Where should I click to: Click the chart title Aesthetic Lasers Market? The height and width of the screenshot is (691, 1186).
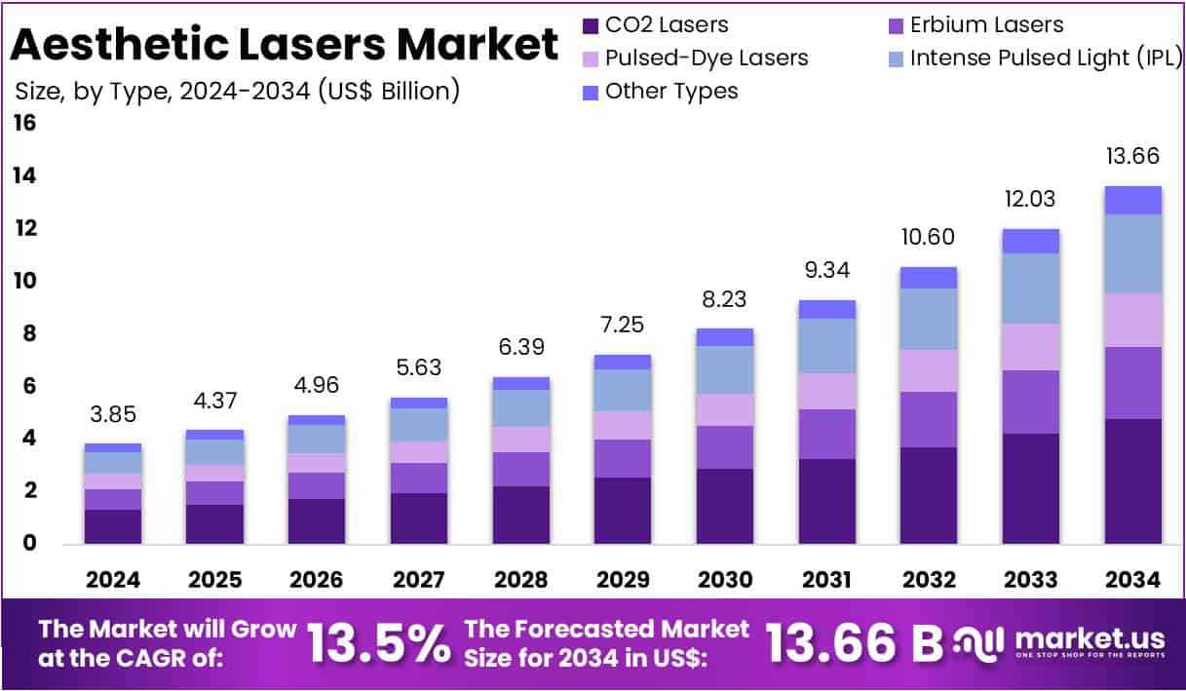point(286,44)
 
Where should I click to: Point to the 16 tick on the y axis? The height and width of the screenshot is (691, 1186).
point(24,124)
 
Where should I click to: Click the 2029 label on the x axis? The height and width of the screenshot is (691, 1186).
point(623,580)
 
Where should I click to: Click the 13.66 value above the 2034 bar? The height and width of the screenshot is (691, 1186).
point(1132,156)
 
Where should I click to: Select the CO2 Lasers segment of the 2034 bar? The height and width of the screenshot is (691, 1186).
point(1132,480)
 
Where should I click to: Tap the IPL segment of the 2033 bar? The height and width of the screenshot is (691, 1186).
point(1031,288)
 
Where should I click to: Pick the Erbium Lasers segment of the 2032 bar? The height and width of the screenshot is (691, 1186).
point(929,419)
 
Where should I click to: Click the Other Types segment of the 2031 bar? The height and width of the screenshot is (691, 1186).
point(826,309)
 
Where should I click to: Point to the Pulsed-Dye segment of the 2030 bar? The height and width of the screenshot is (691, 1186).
point(725,409)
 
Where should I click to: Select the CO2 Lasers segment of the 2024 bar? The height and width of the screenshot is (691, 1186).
point(113,526)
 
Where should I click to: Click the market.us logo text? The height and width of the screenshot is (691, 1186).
point(1089,638)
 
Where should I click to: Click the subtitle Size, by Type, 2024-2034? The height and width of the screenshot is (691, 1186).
point(237,91)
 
